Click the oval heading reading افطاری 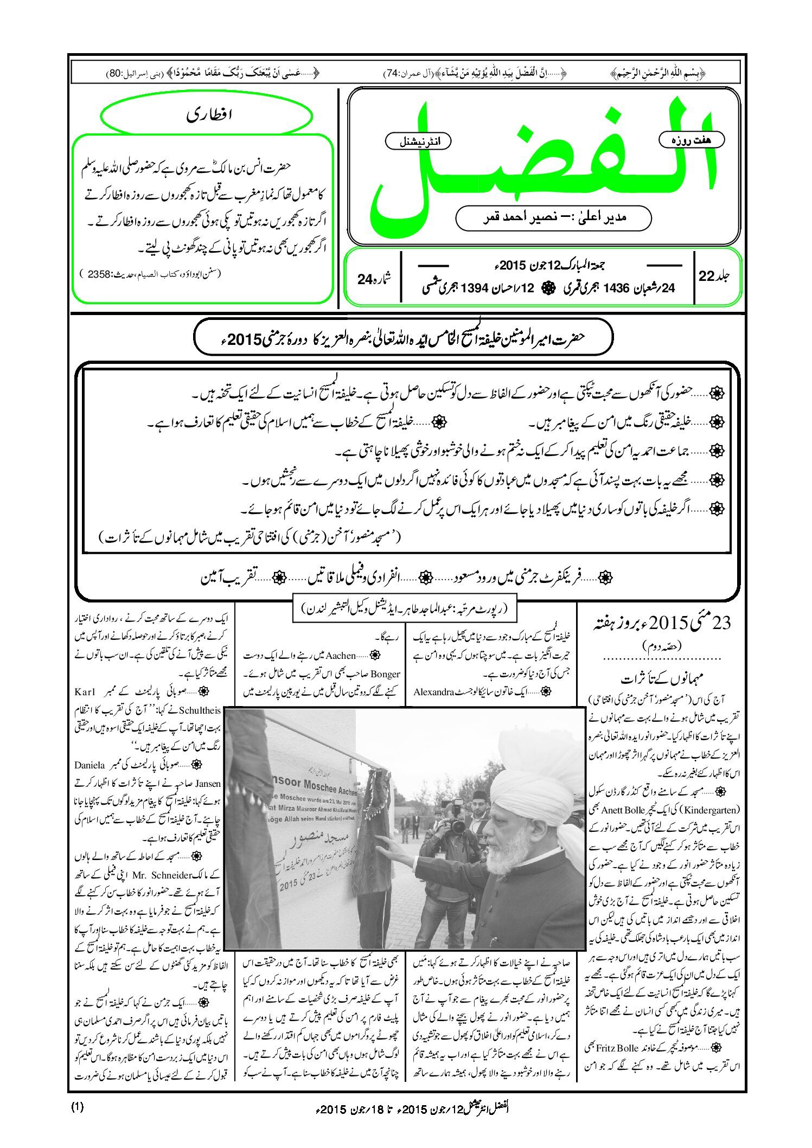click(207, 115)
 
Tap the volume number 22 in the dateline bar click(706, 276)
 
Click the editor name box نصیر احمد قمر click(553, 217)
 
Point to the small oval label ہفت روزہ click(691, 140)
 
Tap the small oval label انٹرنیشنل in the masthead click(418, 142)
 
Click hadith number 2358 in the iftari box click(99, 274)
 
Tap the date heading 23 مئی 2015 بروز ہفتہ click(662, 623)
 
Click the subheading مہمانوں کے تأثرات click(662, 678)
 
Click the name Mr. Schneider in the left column click(162, 875)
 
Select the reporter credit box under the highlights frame click(404, 608)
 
